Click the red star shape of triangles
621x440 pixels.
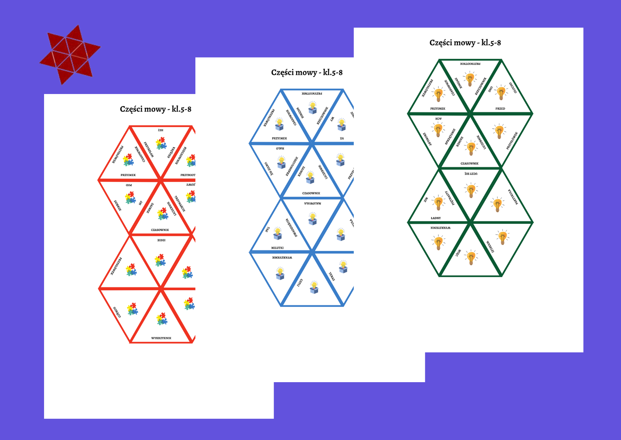click(70, 54)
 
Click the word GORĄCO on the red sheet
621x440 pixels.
click(117, 312)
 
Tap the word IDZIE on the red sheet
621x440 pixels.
click(161, 240)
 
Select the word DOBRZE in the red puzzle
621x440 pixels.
click(118, 205)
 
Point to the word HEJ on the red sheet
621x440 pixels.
click(161, 130)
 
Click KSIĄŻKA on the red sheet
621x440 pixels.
click(171, 152)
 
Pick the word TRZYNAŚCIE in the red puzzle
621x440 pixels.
click(180, 204)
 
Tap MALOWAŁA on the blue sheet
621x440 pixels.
click(313, 204)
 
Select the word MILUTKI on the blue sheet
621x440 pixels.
click(277, 248)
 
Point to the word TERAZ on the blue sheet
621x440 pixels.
click(331, 276)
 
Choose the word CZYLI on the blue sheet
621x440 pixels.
click(300, 283)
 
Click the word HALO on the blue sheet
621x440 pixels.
click(280, 148)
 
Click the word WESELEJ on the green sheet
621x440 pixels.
click(490, 247)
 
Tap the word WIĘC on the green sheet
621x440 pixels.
click(458, 253)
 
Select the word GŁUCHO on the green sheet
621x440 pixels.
click(513, 88)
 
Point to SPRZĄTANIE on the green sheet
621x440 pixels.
click(450, 137)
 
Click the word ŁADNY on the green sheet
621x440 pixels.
click(436, 218)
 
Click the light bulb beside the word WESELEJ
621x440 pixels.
click(502, 237)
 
